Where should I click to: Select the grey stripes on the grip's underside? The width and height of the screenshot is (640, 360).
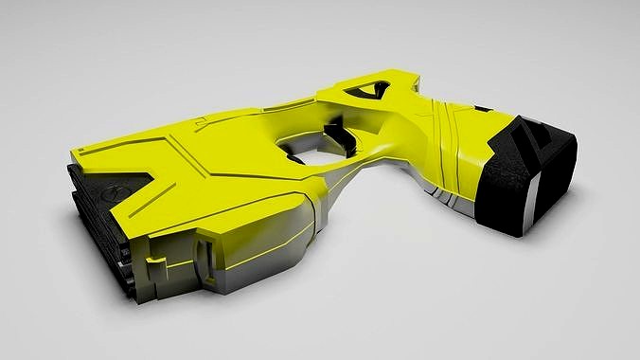(x=445, y=194)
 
